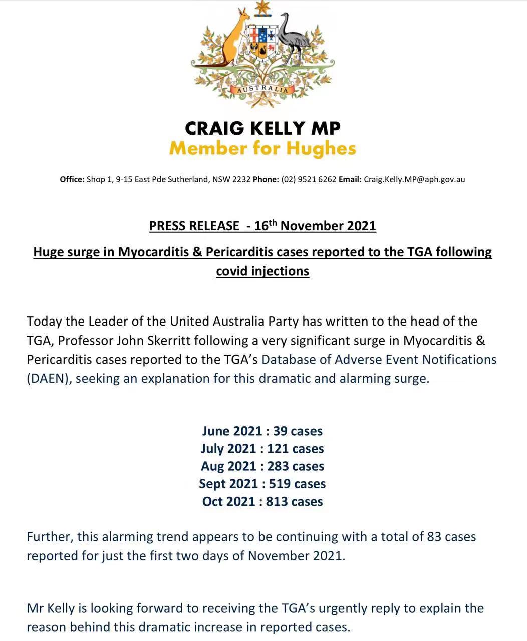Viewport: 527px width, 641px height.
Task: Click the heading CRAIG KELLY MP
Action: (x=262, y=128)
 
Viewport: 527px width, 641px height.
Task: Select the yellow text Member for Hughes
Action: (x=262, y=149)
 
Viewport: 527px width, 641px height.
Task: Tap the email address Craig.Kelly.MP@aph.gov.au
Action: (x=414, y=179)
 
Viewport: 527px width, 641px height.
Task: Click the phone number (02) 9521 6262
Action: (x=309, y=179)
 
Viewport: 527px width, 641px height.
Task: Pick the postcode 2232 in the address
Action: (x=241, y=179)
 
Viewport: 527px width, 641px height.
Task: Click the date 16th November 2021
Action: (x=315, y=226)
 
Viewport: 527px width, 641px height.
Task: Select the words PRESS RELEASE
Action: (x=194, y=226)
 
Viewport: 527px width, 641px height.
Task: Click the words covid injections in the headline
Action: (x=262, y=271)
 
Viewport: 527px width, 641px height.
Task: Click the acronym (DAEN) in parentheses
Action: (x=49, y=378)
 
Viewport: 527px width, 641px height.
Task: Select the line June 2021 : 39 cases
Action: (x=262, y=431)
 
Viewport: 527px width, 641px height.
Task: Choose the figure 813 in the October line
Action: (x=277, y=501)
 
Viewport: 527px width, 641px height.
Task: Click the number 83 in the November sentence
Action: (x=434, y=537)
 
